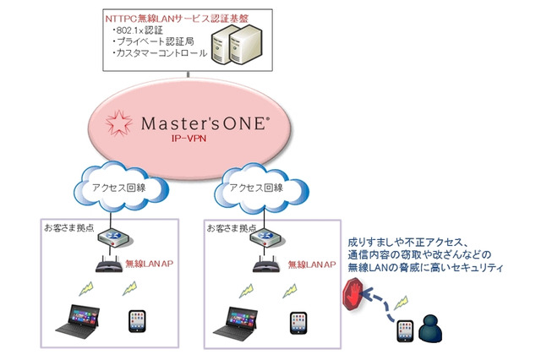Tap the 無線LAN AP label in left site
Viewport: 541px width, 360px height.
click(150, 265)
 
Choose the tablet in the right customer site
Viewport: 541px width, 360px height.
click(298, 324)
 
